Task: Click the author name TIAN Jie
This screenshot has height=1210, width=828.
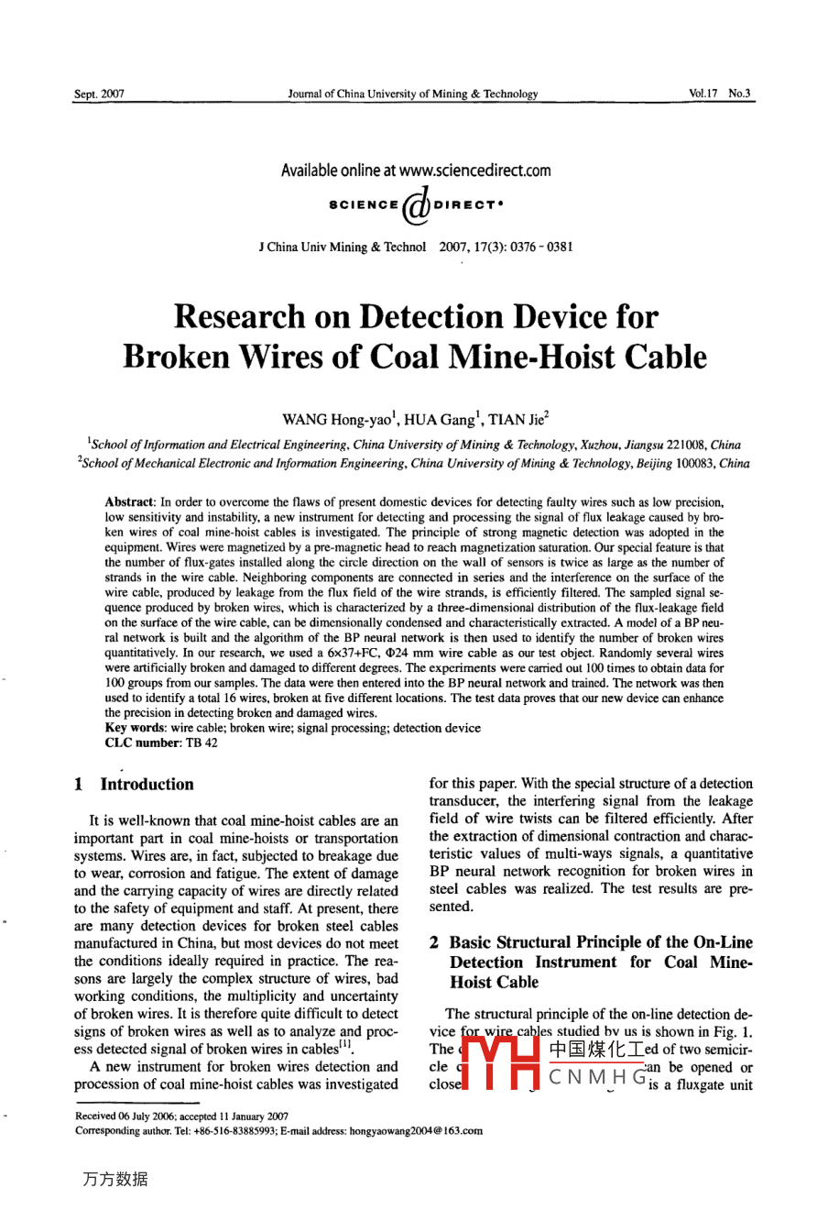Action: (518, 421)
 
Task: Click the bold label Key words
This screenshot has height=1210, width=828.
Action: (134, 728)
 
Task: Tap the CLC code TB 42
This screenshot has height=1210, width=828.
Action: (202, 742)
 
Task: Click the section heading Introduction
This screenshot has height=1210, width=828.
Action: (147, 785)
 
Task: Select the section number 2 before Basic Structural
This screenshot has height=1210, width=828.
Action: (434, 942)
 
